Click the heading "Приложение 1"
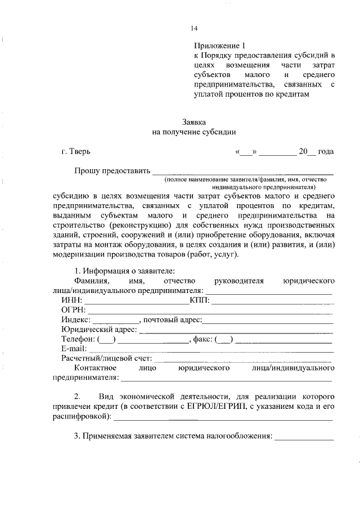pos(220,44)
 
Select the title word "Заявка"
pos(194,121)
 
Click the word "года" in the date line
pos(326,151)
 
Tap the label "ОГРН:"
pos(73,310)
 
